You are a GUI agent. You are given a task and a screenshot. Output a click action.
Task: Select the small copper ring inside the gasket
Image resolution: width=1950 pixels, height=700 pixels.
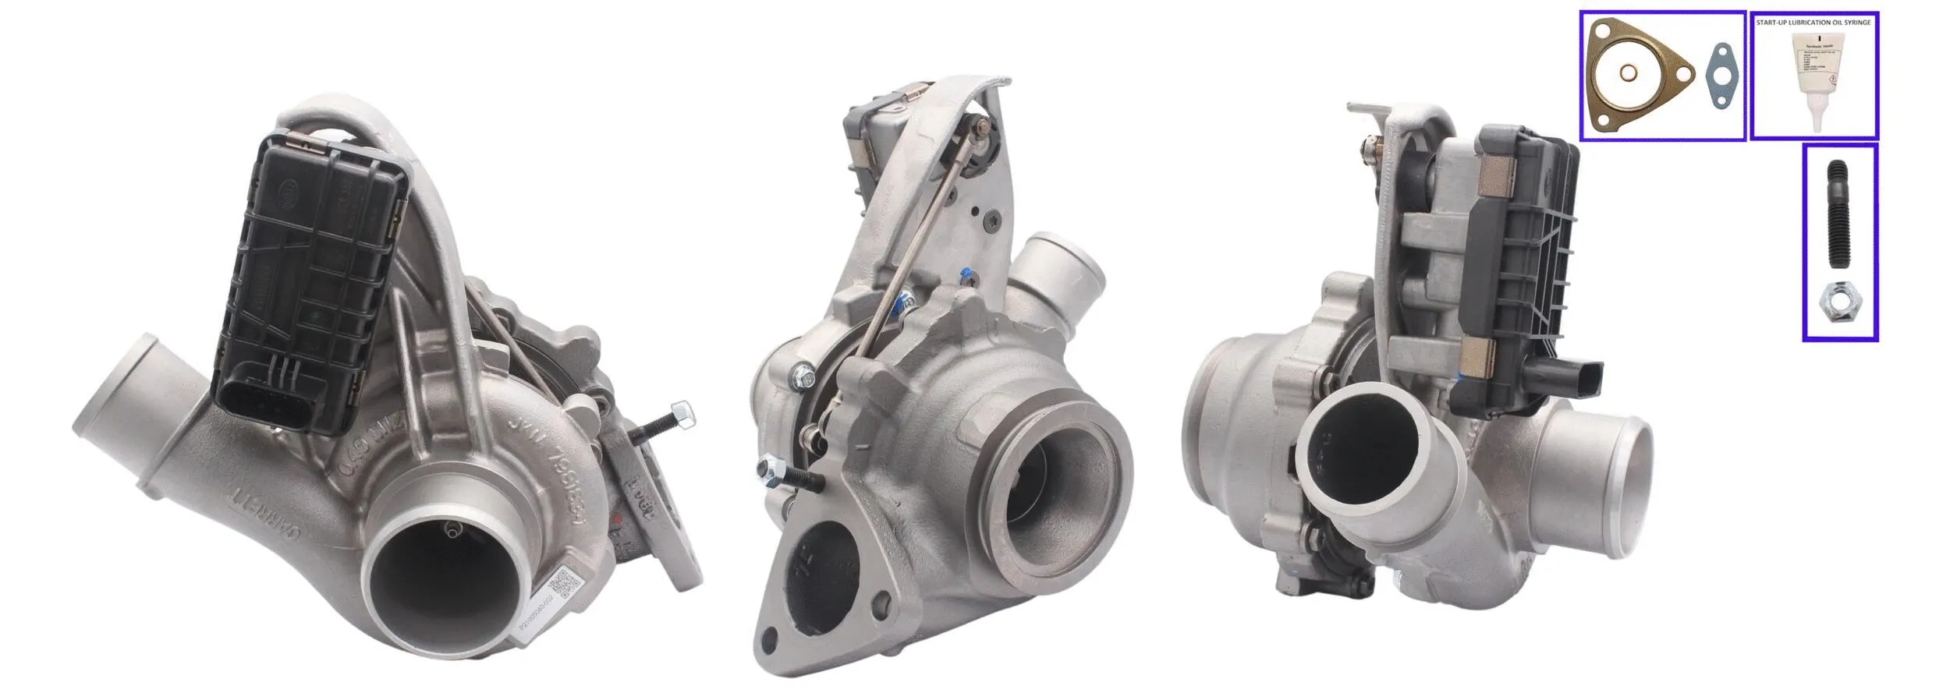[1629, 74]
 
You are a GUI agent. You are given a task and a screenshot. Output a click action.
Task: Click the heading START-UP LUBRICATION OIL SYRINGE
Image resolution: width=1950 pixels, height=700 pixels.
[1813, 23]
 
